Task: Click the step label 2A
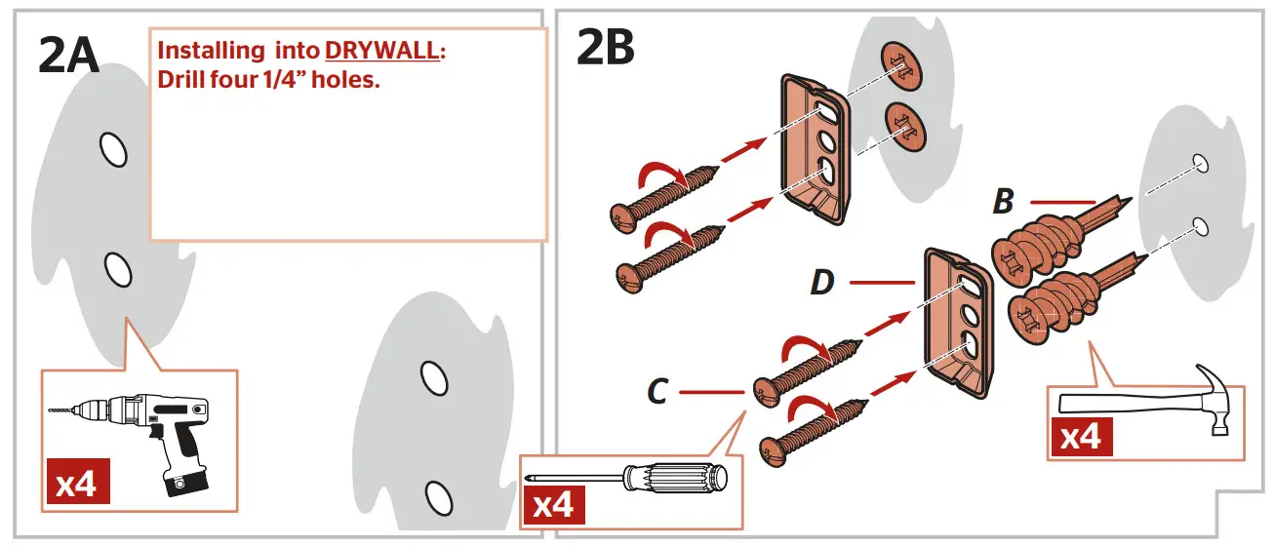68,55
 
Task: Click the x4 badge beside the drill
76,482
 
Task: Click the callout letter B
1002,203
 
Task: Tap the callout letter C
657,392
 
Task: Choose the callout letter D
822,283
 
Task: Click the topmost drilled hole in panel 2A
113,149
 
